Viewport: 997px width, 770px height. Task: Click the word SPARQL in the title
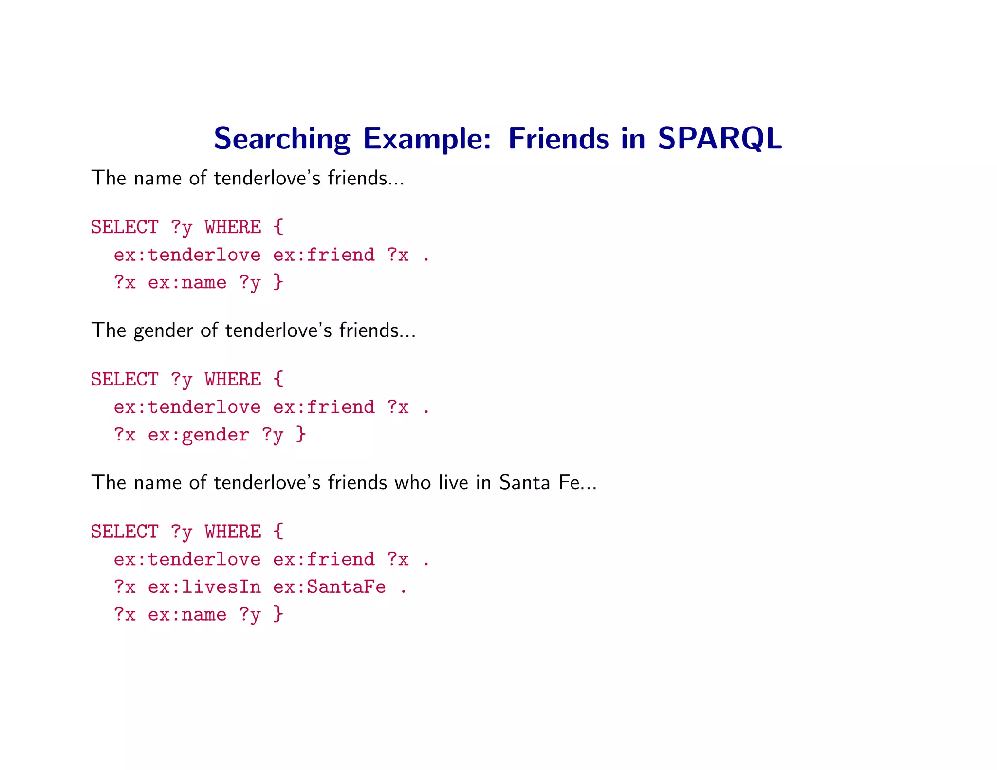(x=720, y=139)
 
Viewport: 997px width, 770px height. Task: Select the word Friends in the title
(x=558, y=139)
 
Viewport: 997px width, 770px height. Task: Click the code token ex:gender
(x=199, y=435)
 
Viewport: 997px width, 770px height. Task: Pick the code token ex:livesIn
(x=204, y=587)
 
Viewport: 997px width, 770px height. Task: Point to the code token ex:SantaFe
(x=330, y=587)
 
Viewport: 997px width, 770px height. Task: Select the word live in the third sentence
(x=454, y=483)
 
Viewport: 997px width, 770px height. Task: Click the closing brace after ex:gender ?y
(x=301, y=434)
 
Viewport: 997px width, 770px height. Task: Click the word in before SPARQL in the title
(x=633, y=139)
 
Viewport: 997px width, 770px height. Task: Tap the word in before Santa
(x=484, y=483)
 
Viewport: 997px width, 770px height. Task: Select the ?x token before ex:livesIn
(x=125, y=587)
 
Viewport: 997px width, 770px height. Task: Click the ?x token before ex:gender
(x=125, y=435)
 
